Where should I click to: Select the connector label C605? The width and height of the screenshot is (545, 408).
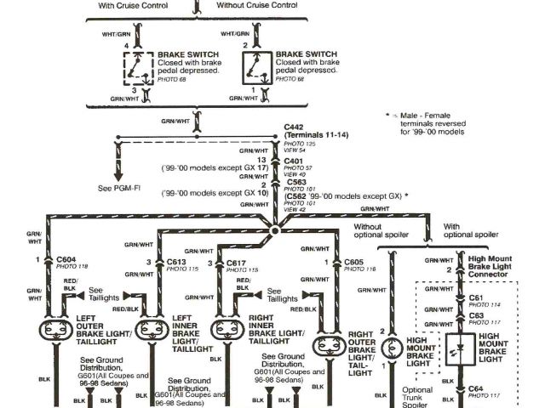[354, 263]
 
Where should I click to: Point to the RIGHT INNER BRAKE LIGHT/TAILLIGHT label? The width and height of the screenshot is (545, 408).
[274, 331]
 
